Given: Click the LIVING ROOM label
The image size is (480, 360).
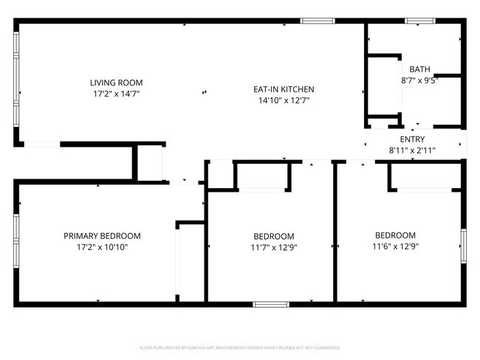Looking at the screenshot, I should (x=116, y=83).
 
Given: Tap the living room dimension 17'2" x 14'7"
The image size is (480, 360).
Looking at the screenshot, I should (x=116, y=94).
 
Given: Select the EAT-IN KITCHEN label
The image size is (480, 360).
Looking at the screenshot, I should (x=284, y=89).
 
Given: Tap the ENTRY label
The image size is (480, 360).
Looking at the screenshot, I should (x=412, y=139).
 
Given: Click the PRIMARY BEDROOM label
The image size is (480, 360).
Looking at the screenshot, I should (x=102, y=236).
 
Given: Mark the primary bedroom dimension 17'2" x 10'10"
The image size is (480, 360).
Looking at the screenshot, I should (x=102, y=247).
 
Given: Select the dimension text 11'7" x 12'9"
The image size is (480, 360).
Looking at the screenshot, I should (x=273, y=247).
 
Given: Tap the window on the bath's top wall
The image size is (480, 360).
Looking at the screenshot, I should (x=419, y=21).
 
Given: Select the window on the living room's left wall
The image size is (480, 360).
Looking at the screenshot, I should (x=17, y=80).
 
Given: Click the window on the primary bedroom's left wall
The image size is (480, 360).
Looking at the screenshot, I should (x=16, y=240).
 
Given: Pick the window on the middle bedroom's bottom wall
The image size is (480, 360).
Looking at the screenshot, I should (x=270, y=303).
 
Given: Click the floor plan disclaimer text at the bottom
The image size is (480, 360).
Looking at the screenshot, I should (x=240, y=347).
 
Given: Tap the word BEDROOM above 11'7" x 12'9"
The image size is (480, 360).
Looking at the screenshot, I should (x=273, y=236).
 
